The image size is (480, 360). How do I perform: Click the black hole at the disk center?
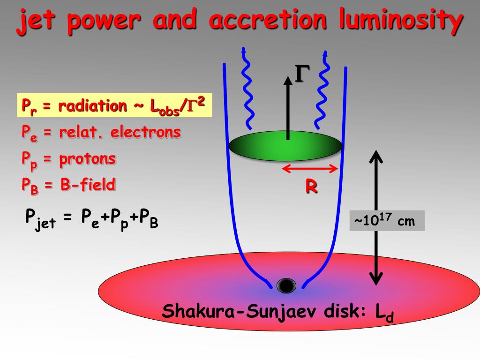[x=286, y=285]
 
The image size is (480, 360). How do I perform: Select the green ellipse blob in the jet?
[x=286, y=146]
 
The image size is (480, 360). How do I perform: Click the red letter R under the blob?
[x=311, y=187]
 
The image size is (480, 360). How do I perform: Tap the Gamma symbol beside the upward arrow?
[x=302, y=75]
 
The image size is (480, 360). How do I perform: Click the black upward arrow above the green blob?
[x=288, y=107]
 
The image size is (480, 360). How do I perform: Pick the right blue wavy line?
[x=323, y=89]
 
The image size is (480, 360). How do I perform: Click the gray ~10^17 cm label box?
[x=387, y=220]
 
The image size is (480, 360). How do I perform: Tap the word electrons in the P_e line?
[x=145, y=133]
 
